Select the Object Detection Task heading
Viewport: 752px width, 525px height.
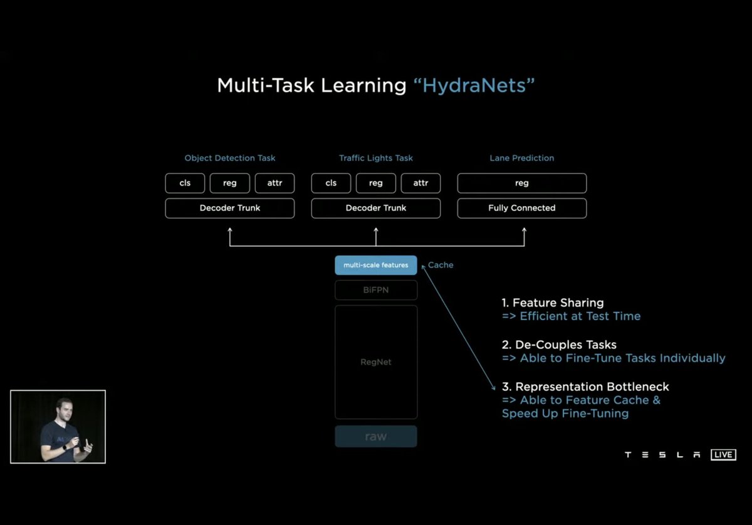pos(229,158)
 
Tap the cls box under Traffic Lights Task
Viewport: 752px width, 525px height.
pos(331,183)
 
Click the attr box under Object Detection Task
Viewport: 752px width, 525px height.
pos(274,183)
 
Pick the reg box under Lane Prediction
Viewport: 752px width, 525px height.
pos(521,183)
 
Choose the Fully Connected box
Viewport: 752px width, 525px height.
pos(521,208)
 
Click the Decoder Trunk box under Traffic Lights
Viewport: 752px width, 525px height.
pos(376,208)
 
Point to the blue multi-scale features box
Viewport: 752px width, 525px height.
pos(376,265)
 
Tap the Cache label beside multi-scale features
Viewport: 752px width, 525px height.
pos(441,265)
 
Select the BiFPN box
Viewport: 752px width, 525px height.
pos(376,290)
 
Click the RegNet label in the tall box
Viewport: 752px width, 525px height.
pos(376,362)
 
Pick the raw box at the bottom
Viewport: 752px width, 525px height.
pos(376,437)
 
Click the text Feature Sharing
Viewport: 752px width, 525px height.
pos(558,303)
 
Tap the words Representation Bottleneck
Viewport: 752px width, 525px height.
pos(592,387)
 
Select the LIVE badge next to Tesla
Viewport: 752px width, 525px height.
pos(723,455)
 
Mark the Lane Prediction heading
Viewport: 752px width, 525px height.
pos(521,158)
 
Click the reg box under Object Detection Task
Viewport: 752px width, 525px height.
pos(229,183)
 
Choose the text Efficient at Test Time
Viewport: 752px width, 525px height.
pos(580,316)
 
